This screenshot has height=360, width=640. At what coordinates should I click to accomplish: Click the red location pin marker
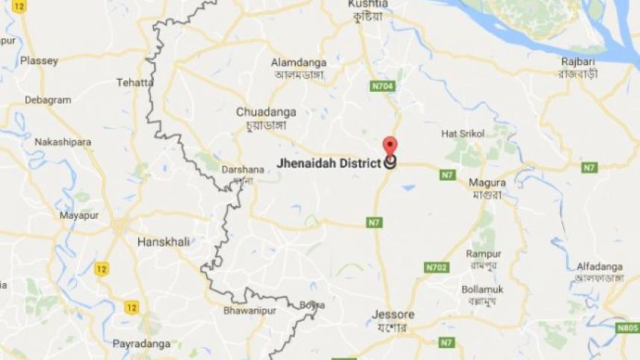pos(390,146)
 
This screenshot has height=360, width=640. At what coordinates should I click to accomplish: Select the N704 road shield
pos(383,87)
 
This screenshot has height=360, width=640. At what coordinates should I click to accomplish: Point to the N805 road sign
pos(627,327)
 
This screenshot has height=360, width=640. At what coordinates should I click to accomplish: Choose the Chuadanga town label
pos(266,112)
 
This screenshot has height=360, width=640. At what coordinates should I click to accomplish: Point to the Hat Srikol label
pos(463,134)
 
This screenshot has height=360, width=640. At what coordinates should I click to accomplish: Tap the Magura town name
pos(487,182)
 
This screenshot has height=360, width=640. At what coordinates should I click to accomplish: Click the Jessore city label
pos(393,314)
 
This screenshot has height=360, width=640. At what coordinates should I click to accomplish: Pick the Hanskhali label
pos(164,242)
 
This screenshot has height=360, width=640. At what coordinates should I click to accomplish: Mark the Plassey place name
pos(40,60)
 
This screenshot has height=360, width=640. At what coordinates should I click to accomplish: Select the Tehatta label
pos(134,83)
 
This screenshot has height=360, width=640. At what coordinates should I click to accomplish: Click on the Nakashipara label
pos(63,142)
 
